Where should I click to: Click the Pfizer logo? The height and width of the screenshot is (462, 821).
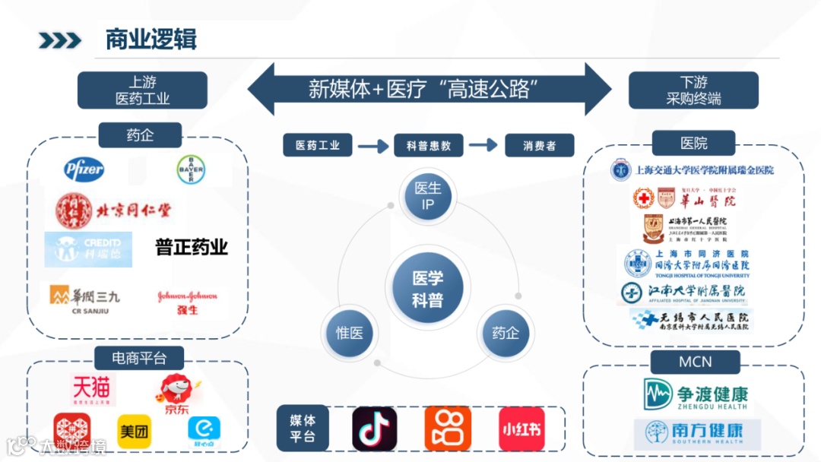(84, 169)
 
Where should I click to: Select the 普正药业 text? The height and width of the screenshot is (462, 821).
(192, 247)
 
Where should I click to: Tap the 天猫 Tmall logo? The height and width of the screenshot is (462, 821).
(92, 390)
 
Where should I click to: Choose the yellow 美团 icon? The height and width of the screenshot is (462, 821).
(134, 431)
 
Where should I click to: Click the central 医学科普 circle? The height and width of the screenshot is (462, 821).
(427, 290)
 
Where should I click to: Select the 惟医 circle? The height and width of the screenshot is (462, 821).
(349, 333)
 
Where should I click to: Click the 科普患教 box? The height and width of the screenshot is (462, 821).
(429, 145)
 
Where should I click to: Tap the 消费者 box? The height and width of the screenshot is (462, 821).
(539, 145)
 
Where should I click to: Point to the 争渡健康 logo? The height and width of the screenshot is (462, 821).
(695, 394)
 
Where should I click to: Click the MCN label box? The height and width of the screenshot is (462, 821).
(695, 362)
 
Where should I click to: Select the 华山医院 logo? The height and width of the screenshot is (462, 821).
(684, 199)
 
